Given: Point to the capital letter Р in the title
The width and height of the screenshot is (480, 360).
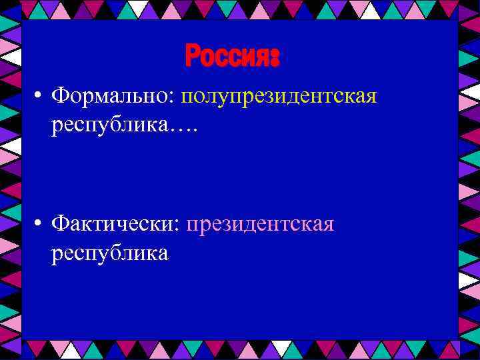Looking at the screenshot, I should pyautogui.click(x=192, y=56).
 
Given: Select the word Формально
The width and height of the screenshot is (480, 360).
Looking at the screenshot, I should pyautogui.click(x=111, y=97).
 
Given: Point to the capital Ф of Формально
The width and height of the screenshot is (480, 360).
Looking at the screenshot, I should pyautogui.click(x=61, y=97).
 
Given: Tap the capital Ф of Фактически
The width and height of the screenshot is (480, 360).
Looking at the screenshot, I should pyautogui.click(x=61, y=224).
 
